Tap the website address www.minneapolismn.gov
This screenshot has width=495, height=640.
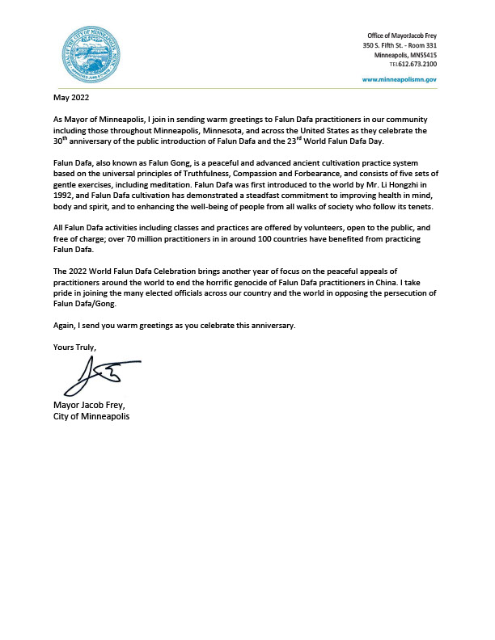click(399, 80)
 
